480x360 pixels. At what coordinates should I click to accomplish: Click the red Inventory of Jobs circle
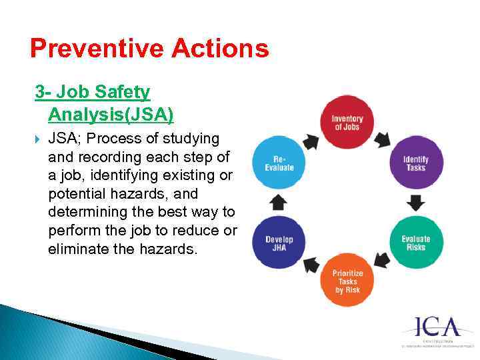[x=347, y=123]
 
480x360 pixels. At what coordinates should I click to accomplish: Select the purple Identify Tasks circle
[x=415, y=163]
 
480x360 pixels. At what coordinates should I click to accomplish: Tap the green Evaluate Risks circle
[x=415, y=243]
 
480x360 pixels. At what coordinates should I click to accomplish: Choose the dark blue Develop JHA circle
[x=279, y=243]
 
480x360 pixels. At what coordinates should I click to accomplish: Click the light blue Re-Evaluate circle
[x=279, y=163]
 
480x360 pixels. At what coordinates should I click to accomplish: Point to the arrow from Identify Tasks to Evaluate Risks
[x=415, y=203]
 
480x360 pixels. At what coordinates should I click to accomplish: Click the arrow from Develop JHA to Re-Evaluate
[x=279, y=203]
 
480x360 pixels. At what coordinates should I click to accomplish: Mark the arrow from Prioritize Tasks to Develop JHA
[x=311, y=265]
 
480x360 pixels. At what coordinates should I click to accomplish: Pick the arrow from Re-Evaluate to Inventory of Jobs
[x=311, y=141]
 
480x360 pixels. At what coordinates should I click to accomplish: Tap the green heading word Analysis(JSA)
[x=111, y=115]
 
